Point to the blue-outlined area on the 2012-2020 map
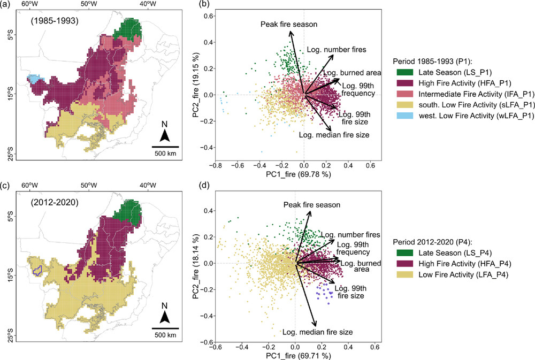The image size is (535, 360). (38, 265)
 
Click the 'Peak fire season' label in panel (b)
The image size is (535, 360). (289, 25)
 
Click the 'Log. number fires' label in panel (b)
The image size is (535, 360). (337, 50)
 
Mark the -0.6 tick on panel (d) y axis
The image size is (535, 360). (205, 342)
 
